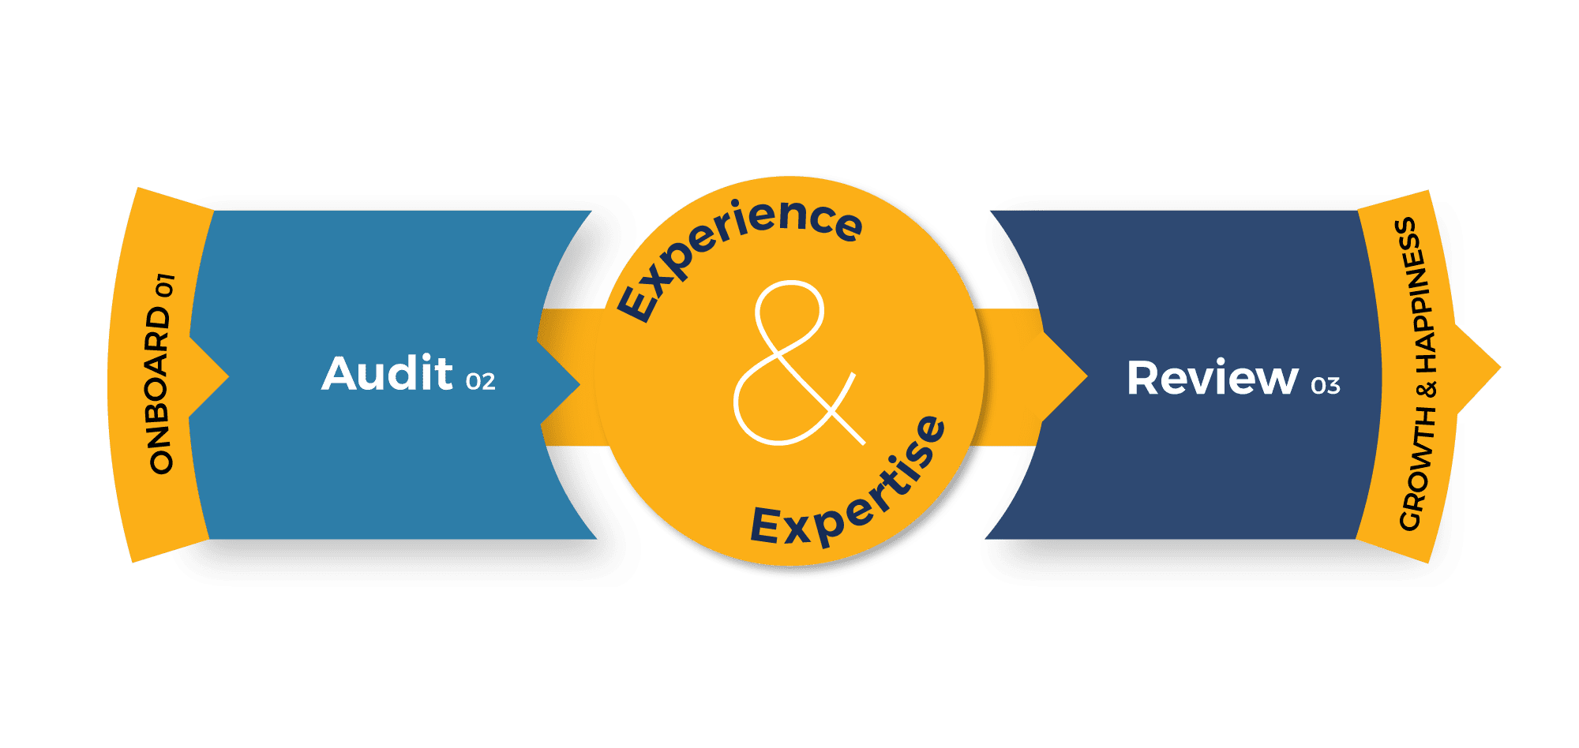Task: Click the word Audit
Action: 387,373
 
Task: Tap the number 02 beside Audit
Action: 480,382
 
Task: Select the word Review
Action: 1212,378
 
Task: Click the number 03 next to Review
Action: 1325,386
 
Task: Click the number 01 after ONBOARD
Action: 164,285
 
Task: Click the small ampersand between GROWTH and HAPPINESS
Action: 1427,389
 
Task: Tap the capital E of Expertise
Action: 765,525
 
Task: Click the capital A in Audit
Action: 342,373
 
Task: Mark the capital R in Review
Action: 1143,378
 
